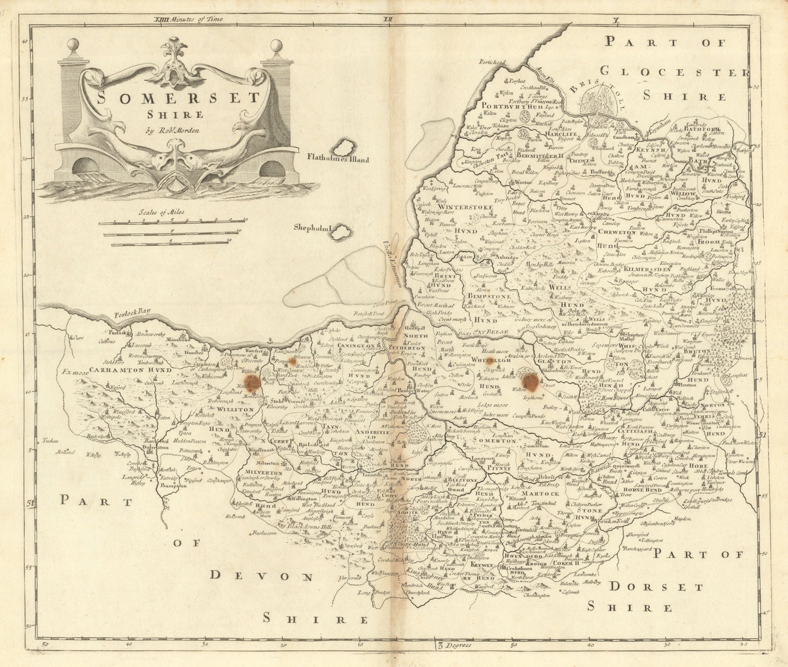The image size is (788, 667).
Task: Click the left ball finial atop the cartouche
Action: [x=72, y=45]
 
